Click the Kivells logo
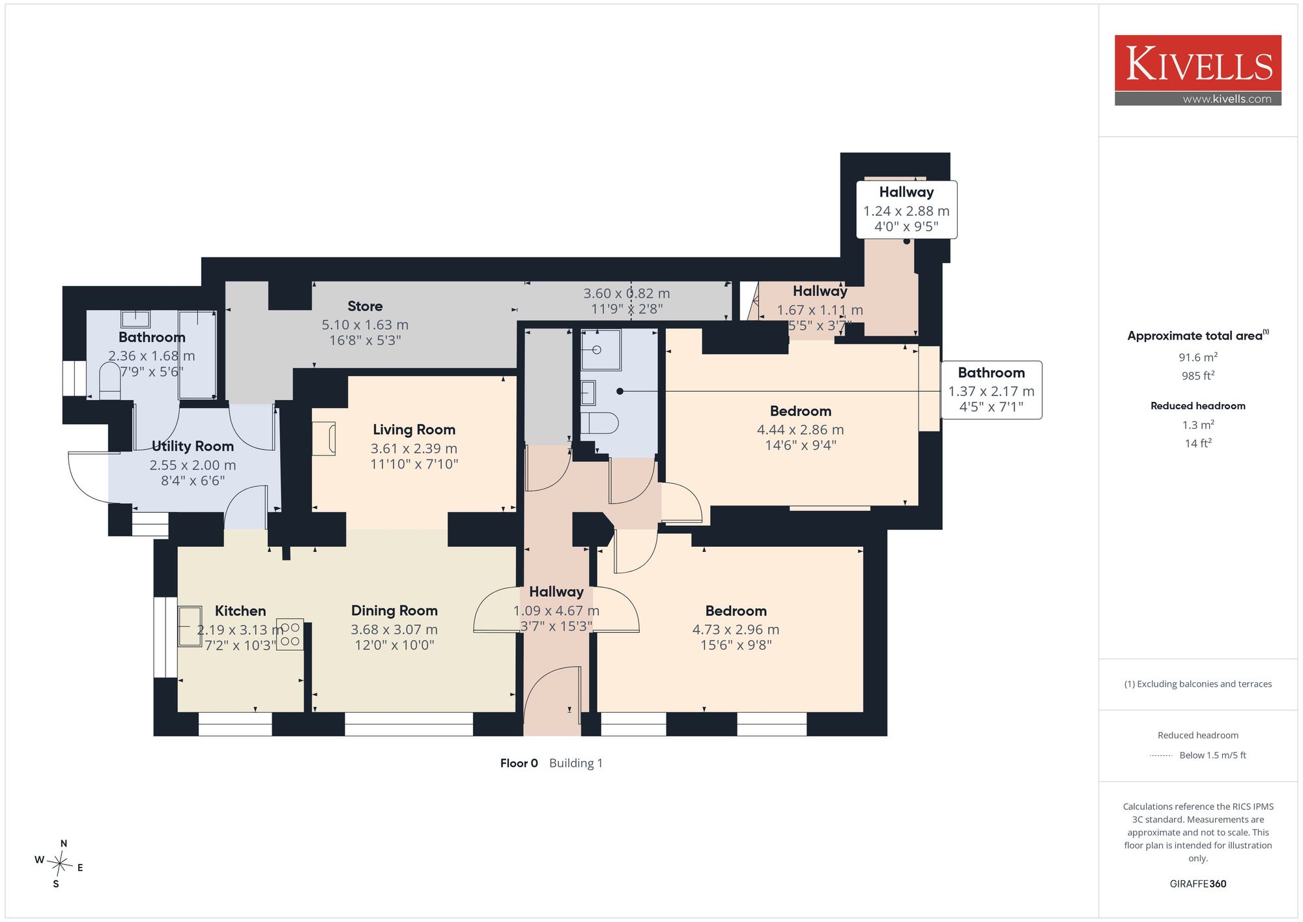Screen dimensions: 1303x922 point(1197,70)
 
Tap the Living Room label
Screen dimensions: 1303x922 point(414,430)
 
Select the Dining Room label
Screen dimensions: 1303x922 point(394,611)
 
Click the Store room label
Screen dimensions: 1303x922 point(365,306)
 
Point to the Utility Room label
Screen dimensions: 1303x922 point(192,446)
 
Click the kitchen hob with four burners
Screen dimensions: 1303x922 point(290,634)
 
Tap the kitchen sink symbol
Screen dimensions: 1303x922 point(190,626)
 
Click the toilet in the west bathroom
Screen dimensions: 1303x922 point(110,381)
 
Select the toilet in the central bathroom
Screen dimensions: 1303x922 point(599,423)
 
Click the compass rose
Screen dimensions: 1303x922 point(59,865)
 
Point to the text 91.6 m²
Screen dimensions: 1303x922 point(1197,357)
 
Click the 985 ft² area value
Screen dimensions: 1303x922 point(1197,376)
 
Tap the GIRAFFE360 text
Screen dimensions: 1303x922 point(1197,884)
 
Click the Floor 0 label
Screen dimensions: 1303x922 point(519,763)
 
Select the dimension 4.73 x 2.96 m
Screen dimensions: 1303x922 point(736,629)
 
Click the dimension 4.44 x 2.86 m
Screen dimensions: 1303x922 point(800,430)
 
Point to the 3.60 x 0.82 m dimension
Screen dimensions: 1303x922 point(626,294)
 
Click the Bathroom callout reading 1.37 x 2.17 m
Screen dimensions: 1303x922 point(991,390)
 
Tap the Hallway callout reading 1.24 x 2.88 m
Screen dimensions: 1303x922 point(906,210)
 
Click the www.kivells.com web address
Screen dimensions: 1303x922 point(1227,99)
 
